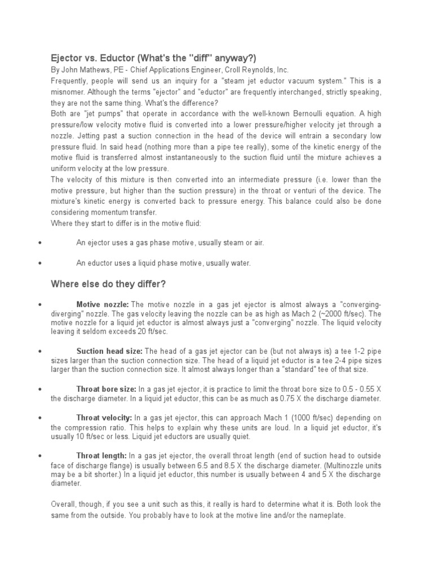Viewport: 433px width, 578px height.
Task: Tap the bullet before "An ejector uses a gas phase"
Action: tap(39, 243)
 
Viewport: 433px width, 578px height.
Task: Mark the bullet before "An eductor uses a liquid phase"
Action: tap(39, 263)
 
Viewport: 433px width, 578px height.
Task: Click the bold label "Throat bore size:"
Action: tap(106, 389)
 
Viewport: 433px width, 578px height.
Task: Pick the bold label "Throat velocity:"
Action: tap(104, 418)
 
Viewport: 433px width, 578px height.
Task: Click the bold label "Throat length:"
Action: tap(102, 455)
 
